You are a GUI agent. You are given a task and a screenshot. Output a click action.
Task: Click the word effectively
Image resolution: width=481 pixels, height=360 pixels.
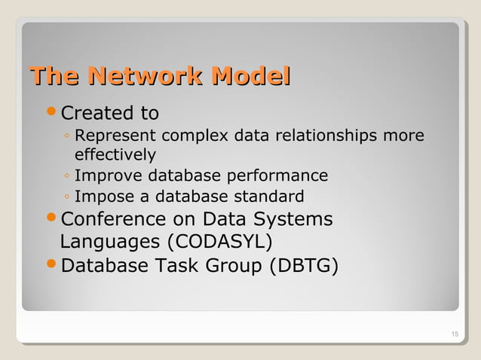[x=115, y=155]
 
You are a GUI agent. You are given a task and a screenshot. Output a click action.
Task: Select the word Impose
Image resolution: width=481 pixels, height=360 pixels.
[x=100, y=197]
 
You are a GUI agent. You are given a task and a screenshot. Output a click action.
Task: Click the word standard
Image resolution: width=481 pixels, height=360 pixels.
[x=269, y=197]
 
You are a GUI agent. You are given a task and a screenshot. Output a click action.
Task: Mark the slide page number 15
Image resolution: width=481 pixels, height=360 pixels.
[x=454, y=335]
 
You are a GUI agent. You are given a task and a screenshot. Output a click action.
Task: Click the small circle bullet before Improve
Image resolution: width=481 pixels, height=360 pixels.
[x=67, y=177]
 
